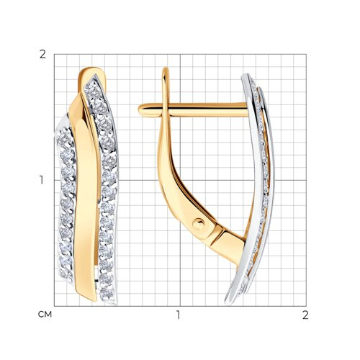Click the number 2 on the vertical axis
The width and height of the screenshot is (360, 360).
(x=42, y=55)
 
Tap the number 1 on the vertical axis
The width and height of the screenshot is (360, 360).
(x=42, y=180)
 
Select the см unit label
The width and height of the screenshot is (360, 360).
(x=45, y=315)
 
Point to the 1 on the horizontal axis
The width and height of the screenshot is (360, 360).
(x=178, y=315)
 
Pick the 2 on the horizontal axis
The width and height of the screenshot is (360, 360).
(x=305, y=315)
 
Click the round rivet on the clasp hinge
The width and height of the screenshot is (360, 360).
(x=199, y=225)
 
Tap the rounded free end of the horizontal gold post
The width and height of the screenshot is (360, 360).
(x=142, y=110)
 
